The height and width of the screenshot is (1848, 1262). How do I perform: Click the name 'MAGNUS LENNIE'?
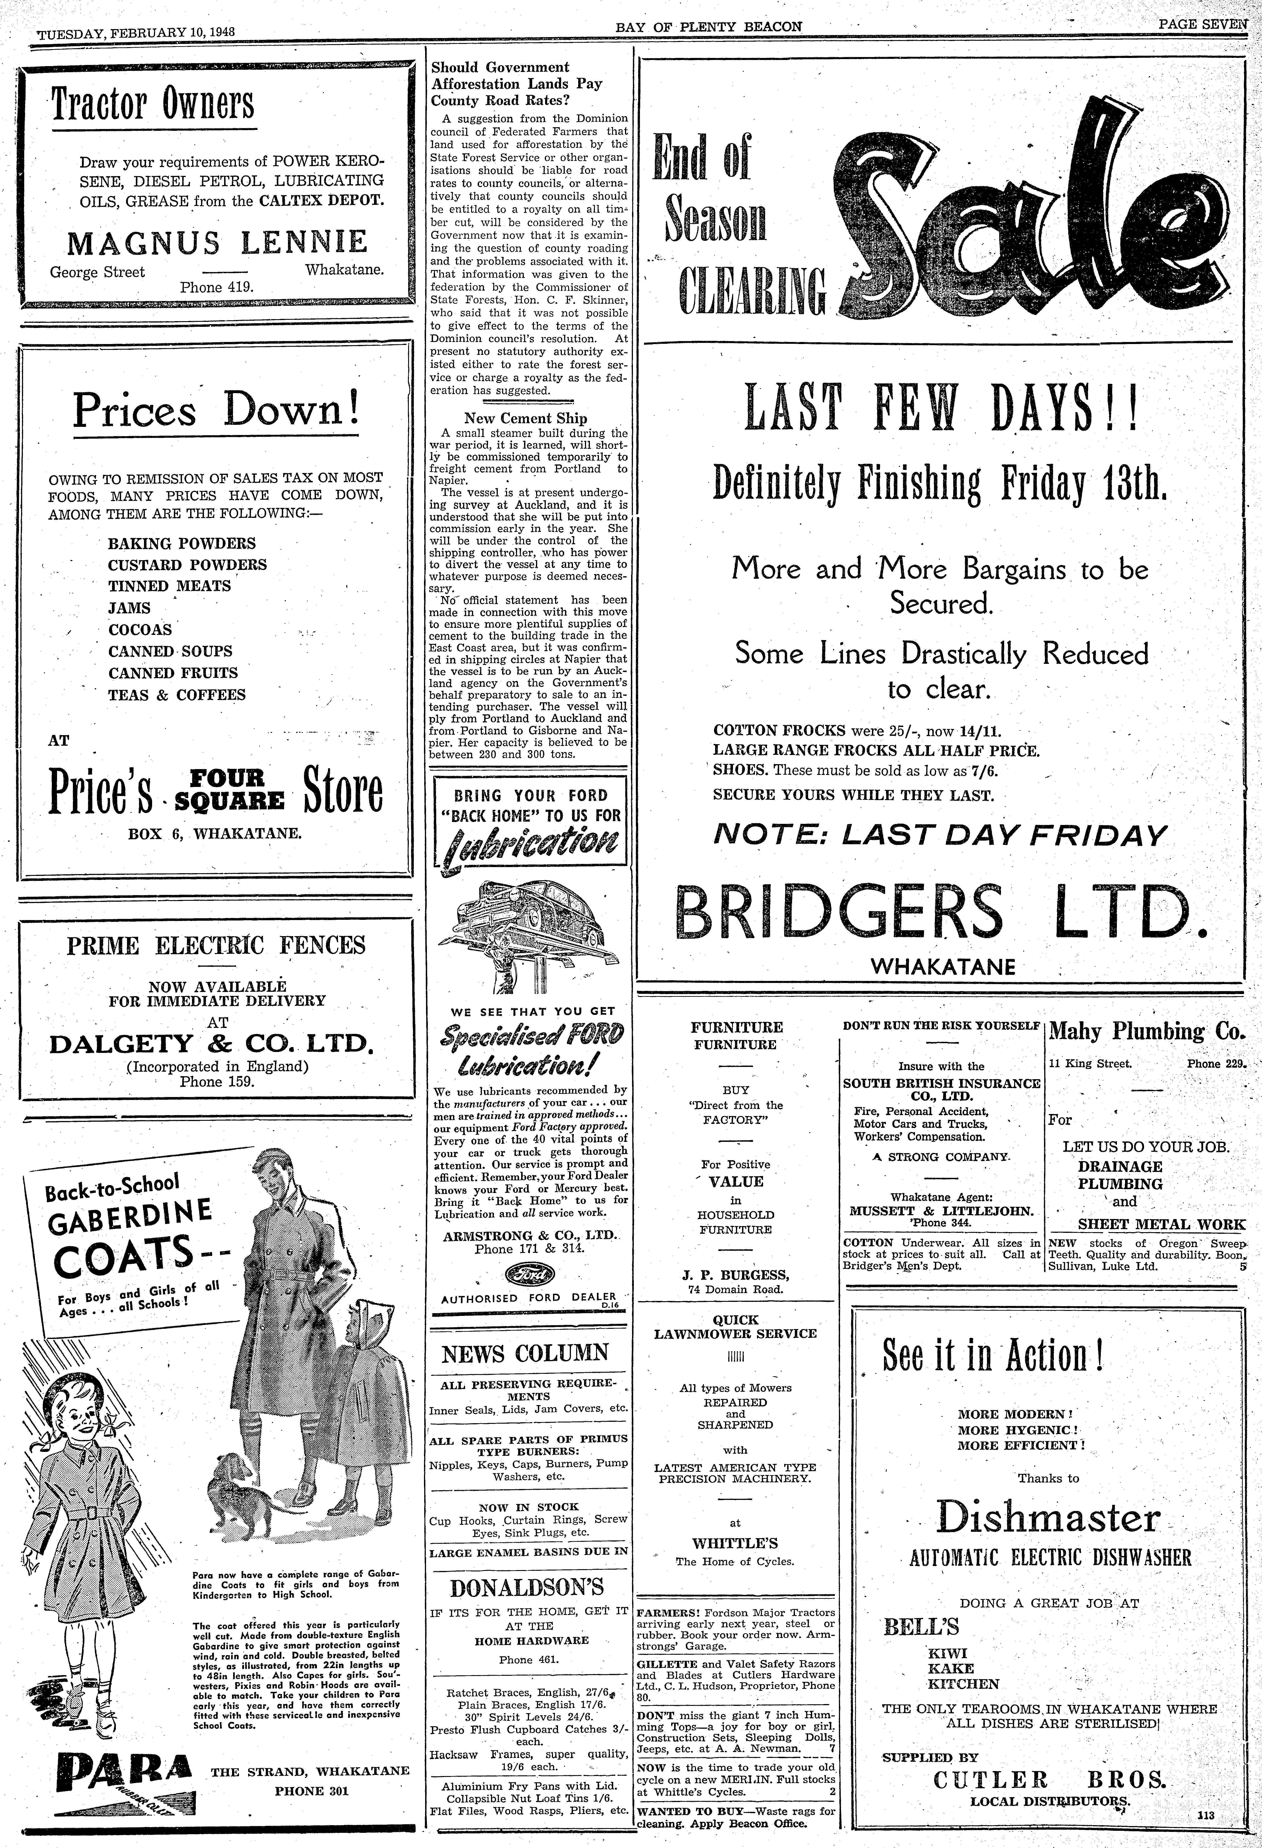217,242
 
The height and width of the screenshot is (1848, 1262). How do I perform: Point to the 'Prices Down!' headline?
216,409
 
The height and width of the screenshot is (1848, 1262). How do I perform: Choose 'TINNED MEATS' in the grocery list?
169,586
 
